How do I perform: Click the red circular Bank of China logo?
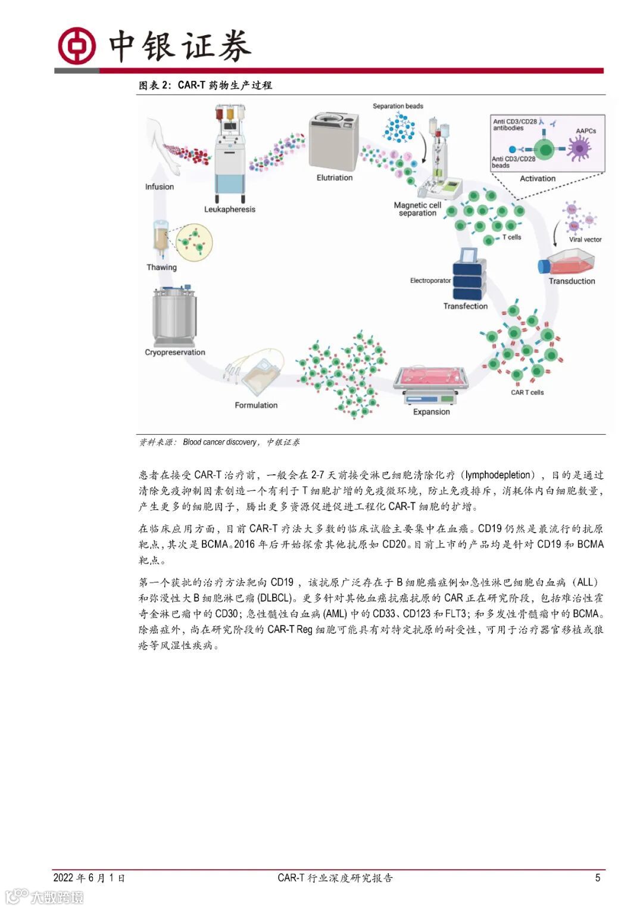tap(76, 46)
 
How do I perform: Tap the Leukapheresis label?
tap(229, 209)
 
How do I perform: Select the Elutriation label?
tap(334, 178)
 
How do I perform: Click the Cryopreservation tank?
tap(174, 315)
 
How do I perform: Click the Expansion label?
tap(431, 412)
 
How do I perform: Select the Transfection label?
tap(465, 306)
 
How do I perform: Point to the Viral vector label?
tap(585, 239)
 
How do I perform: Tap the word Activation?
tap(537, 179)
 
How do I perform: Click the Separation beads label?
tap(398, 106)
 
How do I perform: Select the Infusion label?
tap(160, 186)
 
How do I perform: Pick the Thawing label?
tap(161, 267)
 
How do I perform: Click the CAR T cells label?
tap(527, 392)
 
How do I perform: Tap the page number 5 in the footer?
tap(598, 877)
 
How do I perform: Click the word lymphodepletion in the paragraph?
tap(498, 475)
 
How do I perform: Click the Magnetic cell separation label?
tap(417, 209)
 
